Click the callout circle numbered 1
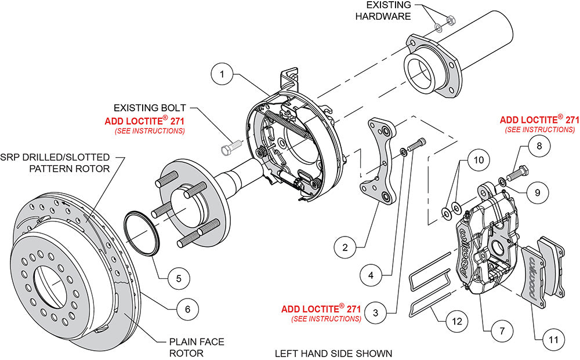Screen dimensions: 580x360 tap(222, 74)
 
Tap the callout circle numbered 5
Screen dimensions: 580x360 tap(179, 278)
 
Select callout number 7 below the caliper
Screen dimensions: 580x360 tap(502, 330)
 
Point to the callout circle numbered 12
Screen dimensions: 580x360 tap(457, 321)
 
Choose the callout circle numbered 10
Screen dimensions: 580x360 tap(478, 160)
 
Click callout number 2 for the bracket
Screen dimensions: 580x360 tap(345, 247)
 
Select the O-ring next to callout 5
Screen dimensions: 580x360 tap(141, 234)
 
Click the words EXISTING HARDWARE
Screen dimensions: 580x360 tap(383, 10)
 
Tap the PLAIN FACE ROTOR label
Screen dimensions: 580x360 tap(197, 347)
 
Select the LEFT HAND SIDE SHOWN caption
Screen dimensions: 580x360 tap(333, 354)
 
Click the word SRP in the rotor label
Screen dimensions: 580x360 tap(10, 158)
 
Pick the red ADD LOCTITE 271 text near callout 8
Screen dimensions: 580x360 tap(539, 120)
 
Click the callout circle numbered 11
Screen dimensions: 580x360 tap(553, 339)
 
